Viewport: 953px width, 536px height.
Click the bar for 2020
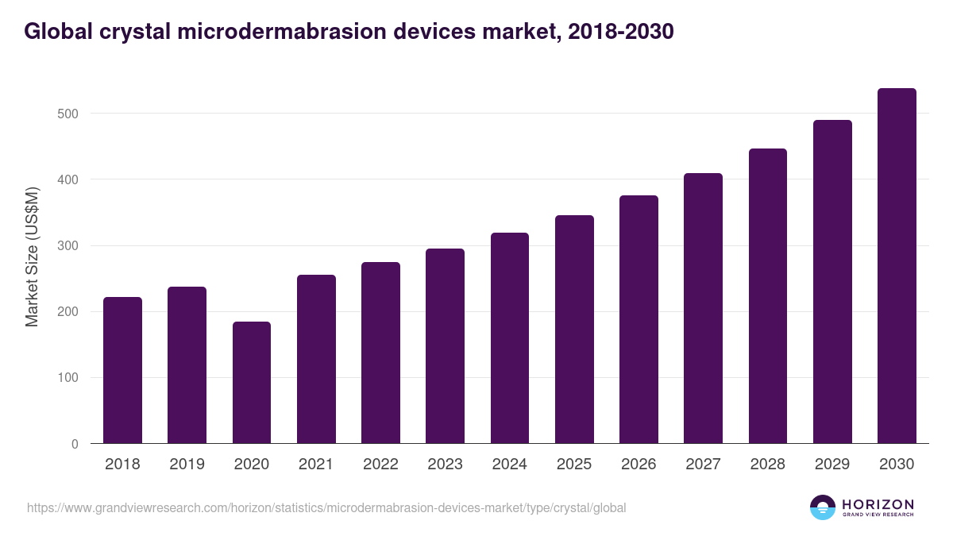point(252,383)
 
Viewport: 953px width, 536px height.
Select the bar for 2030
point(897,266)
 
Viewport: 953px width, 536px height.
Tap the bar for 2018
point(122,370)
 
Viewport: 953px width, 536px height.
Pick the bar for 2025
point(574,330)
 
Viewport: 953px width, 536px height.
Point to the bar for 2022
point(380,353)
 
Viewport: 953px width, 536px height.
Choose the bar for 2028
point(768,296)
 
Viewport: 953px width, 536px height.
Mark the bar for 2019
point(187,365)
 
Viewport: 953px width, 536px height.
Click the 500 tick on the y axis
point(68,114)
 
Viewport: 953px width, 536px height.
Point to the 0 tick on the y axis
point(75,444)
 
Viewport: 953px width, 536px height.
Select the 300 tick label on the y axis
point(68,246)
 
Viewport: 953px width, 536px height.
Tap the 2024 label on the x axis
point(510,465)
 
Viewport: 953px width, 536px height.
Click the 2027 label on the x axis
point(704,465)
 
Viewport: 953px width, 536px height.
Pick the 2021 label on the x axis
point(316,465)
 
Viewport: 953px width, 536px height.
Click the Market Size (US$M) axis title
point(32,256)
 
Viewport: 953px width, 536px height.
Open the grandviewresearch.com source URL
point(326,507)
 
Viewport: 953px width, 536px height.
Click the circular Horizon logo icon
point(823,507)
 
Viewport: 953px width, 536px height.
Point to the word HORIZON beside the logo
point(878,504)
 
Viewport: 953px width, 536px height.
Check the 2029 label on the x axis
point(832,465)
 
